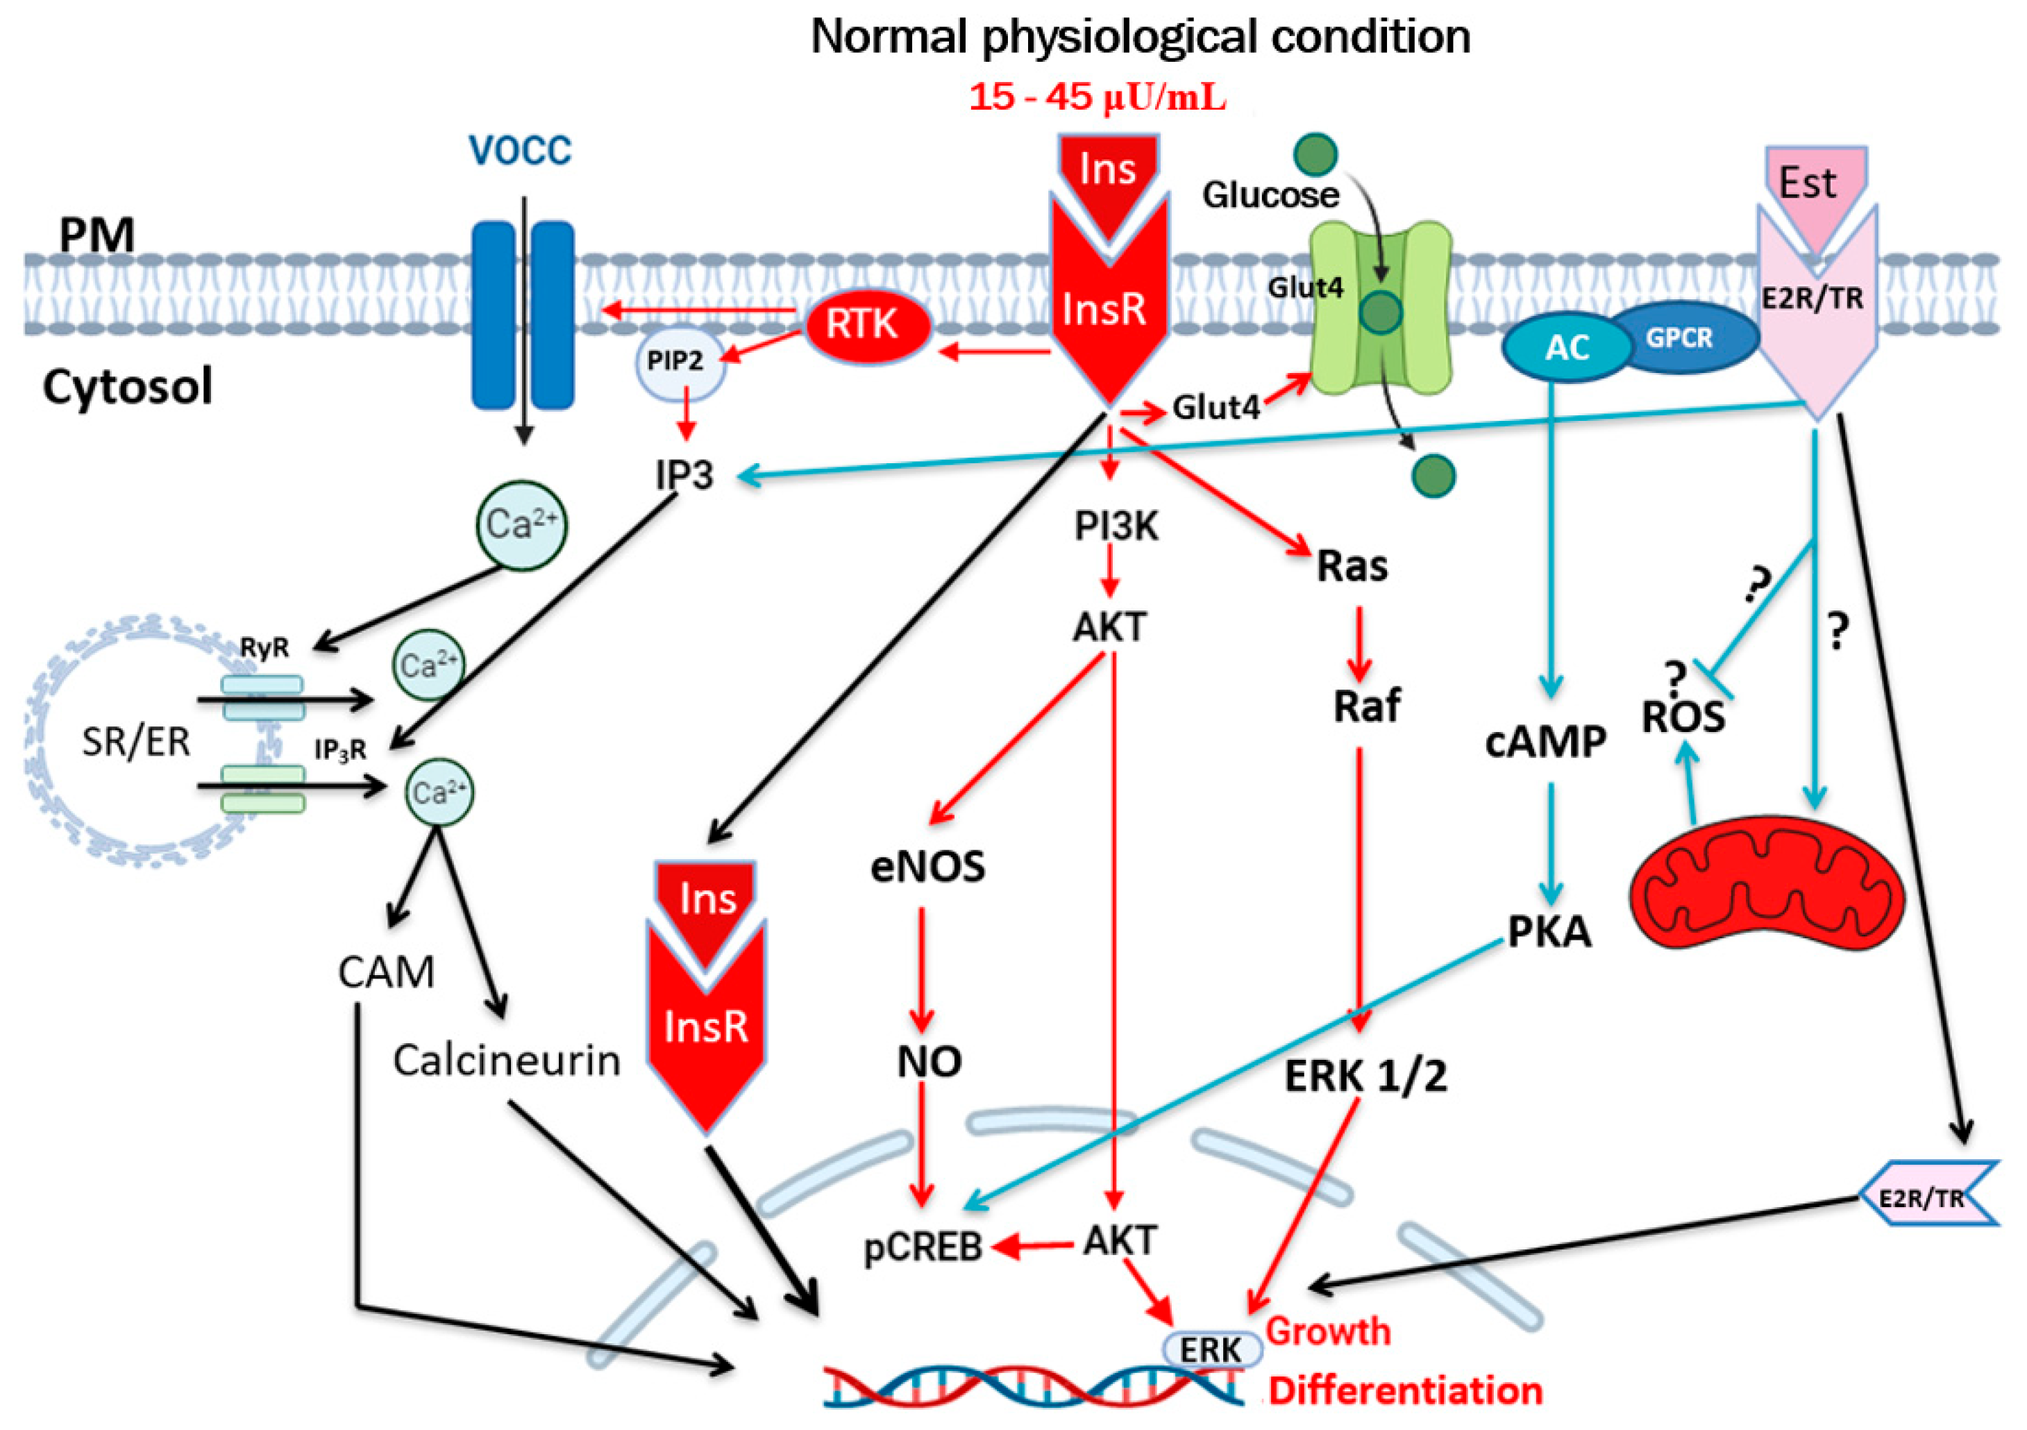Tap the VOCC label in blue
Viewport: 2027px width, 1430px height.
point(520,149)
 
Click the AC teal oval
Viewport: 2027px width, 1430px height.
point(1565,347)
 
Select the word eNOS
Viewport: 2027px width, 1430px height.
point(928,867)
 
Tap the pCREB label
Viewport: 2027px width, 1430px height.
point(923,1246)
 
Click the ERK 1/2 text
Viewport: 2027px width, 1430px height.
point(1365,1076)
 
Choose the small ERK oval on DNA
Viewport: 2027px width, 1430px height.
point(1211,1349)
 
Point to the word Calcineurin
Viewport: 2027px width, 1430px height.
point(507,1060)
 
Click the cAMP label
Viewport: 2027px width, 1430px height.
point(1545,741)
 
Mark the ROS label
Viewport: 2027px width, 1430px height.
point(1683,716)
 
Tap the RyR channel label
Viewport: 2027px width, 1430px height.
point(264,647)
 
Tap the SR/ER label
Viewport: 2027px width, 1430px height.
point(136,741)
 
